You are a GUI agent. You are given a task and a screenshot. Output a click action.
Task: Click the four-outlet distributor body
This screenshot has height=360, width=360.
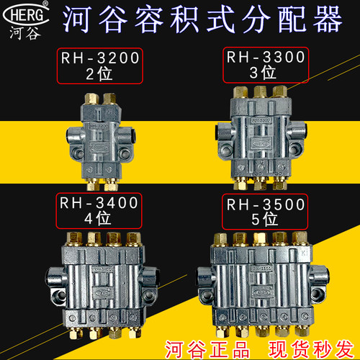pos(102,281)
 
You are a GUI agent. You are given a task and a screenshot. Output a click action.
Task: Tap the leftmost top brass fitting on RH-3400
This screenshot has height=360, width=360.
pos(74,238)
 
